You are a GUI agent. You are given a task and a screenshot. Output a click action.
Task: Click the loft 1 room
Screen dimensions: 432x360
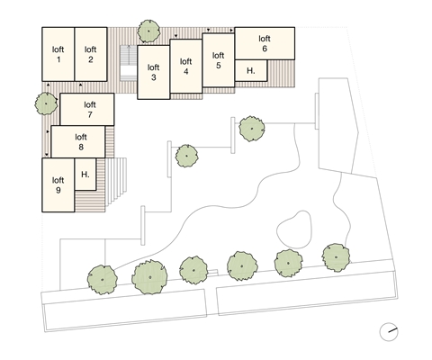(58, 54)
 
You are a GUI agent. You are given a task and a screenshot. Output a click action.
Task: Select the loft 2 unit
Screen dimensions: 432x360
(91, 54)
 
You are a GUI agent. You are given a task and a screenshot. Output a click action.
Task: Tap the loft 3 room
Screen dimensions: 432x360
(154, 72)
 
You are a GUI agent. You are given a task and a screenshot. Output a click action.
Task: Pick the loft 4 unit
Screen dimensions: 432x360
(186, 66)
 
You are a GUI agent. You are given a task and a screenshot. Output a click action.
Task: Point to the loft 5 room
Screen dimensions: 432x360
(219, 60)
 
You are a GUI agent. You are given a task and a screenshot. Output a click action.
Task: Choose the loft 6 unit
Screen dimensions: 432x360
(265, 43)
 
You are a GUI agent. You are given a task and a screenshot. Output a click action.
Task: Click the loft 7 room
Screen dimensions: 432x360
(87, 109)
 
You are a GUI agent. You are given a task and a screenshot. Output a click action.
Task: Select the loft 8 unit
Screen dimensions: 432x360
(78, 141)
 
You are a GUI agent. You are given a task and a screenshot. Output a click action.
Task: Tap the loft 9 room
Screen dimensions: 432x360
(58, 185)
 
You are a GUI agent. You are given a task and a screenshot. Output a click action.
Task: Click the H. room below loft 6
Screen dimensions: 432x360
(251, 70)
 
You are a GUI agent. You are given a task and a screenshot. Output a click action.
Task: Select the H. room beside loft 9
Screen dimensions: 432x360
(85, 175)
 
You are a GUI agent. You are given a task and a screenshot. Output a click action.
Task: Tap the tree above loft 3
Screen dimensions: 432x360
(148, 31)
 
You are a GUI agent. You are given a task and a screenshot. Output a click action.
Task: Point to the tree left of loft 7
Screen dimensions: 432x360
(46, 103)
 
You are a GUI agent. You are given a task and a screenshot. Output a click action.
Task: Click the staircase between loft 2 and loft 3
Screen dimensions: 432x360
(129, 63)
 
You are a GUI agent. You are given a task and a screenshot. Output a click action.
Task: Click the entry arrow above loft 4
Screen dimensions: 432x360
(176, 36)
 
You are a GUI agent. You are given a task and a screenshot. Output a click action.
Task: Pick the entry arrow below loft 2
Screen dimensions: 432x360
(80, 85)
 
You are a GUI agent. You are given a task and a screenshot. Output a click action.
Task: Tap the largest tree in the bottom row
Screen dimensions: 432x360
(149, 277)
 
